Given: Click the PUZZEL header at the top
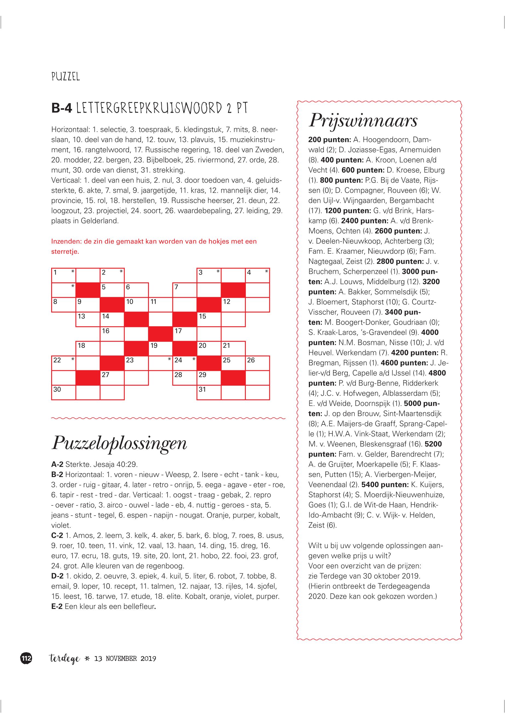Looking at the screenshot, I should (65, 77).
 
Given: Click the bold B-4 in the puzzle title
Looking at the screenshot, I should (62, 109).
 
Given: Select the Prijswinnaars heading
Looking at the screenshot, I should (363, 120).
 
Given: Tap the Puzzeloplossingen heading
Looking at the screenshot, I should (119, 443).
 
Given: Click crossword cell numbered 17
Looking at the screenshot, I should (185, 334).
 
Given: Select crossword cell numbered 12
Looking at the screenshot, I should (233, 305).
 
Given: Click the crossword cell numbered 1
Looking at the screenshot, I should (64, 276).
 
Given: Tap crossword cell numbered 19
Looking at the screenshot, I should (160, 349).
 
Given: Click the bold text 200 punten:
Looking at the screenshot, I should (329, 140).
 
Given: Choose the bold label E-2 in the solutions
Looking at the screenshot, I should (57, 607).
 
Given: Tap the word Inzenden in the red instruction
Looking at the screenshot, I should (65, 241).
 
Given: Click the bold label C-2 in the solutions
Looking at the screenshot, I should (57, 536).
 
